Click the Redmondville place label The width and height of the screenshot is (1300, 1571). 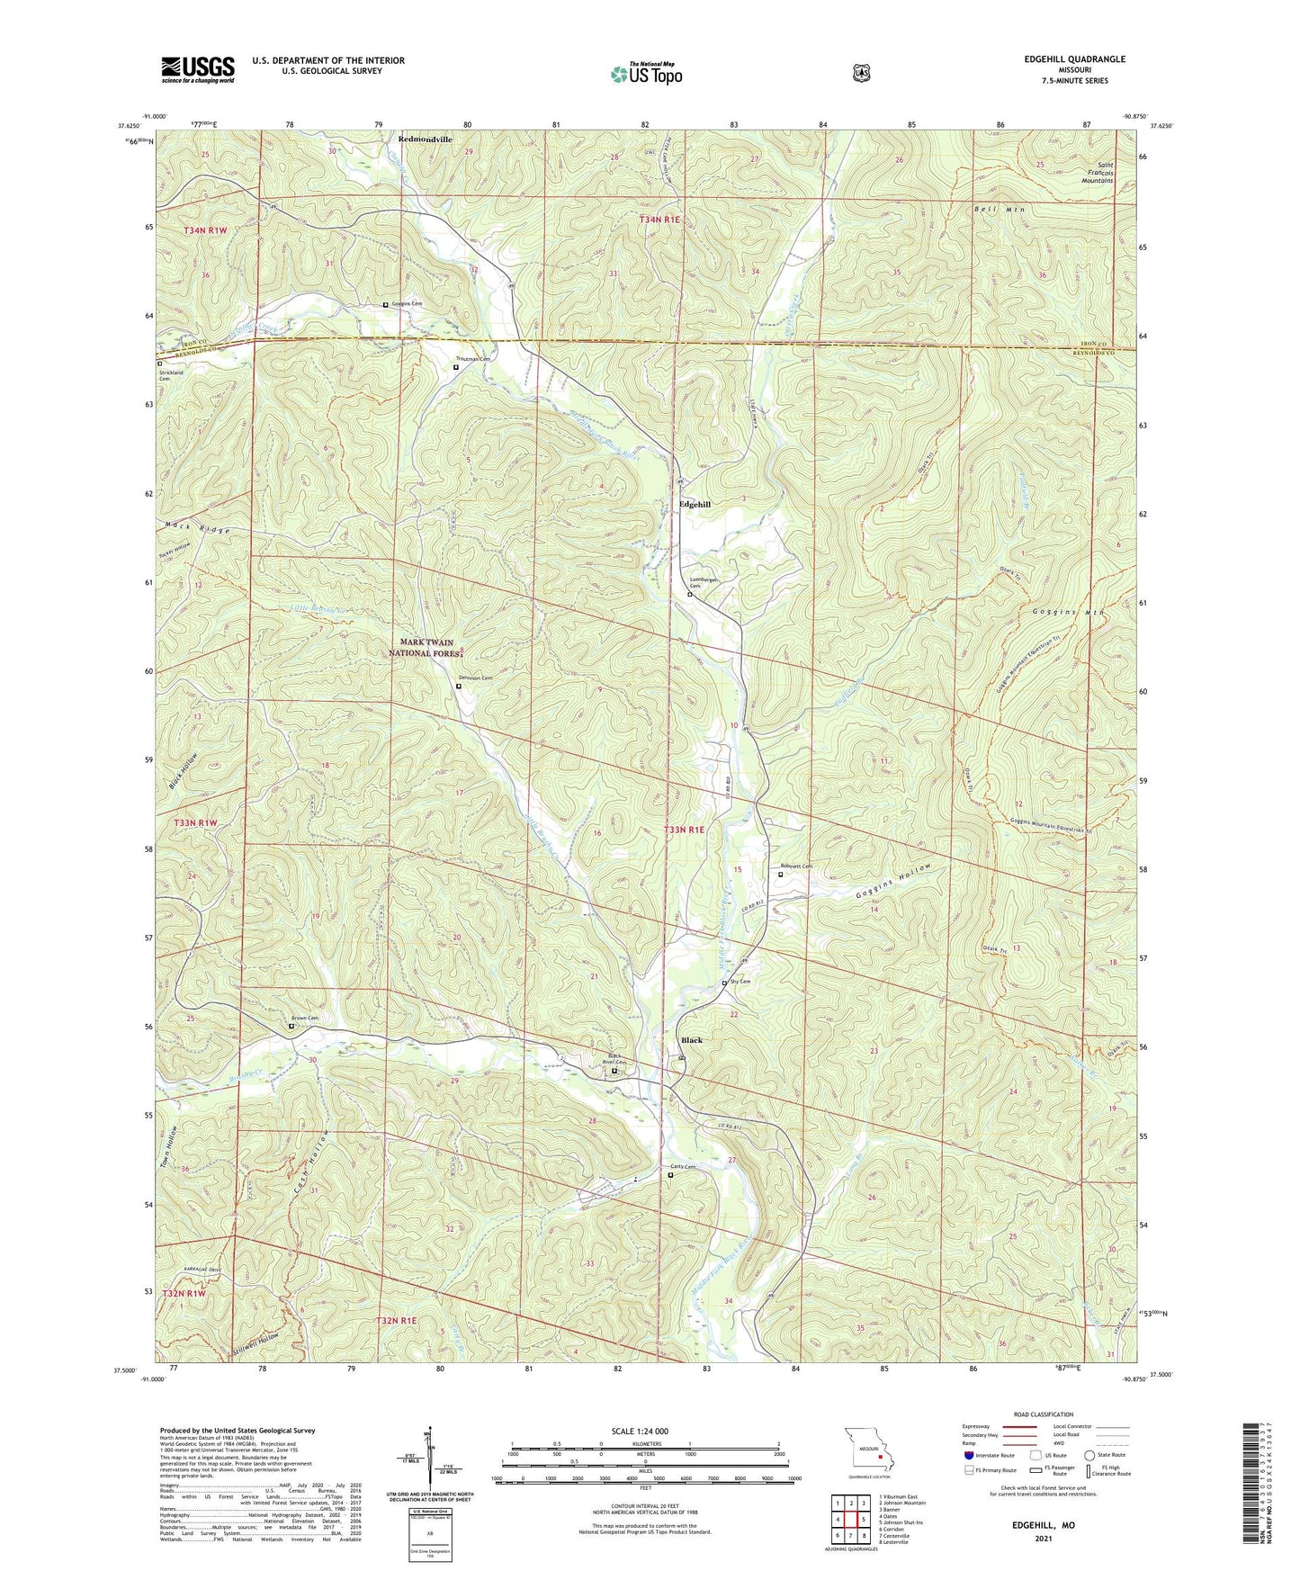pos(426,140)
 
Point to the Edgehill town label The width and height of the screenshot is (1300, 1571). pos(695,505)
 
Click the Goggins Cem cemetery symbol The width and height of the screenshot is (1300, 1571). pos(386,305)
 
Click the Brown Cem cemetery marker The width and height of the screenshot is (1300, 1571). pos(291,1026)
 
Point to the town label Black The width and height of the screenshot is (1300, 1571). pos(691,1040)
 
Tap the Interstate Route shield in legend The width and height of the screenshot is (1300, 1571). pos(968,1455)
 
